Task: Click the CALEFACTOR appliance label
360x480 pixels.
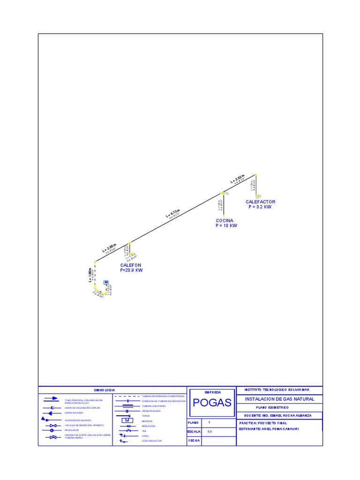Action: tap(260, 202)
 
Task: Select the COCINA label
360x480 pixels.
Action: tap(225, 220)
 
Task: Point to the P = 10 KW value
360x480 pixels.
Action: tap(226, 225)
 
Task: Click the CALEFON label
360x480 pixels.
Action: tap(130, 265)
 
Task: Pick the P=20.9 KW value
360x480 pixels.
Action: tap(131, 270)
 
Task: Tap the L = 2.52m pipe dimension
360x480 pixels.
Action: tap(238, 178)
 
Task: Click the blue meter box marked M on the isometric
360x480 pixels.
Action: tap(106, 282)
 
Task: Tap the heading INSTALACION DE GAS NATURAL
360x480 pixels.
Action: tap(280, 399)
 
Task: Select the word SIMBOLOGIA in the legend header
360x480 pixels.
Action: tap(104, 390)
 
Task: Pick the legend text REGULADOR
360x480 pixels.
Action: tap(72, 430)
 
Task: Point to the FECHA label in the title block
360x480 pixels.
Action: tap(194, 441)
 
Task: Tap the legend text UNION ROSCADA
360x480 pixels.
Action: tap(151, 411)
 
